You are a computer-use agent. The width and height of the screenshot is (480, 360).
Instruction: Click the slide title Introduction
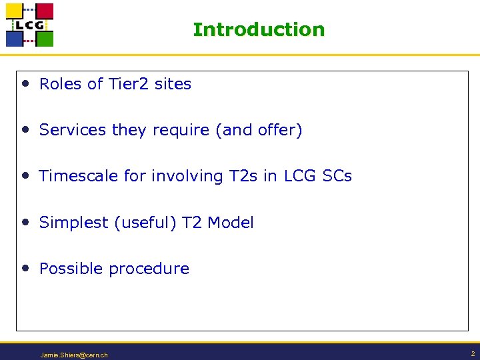pyautogui.click(x=259, y=30)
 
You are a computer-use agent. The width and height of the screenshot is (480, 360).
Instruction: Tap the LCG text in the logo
pyautogui.click(x=30, y=25)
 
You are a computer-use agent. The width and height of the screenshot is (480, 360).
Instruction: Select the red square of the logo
pyautogui.click(x=44, y=11)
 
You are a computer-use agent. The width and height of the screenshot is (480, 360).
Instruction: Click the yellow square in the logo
pyautogui.click(x=15, y=11)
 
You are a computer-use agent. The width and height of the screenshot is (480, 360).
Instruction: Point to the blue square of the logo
pyautogui.click(x=15, y=38)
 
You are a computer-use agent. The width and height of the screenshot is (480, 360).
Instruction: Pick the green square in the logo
pyautogui.click(x=44, y=38)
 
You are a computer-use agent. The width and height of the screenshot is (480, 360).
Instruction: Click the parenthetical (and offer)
pyautogui.click(x=259, y=130)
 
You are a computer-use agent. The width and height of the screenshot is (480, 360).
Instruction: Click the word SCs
pyautogui.click(x=337, y=176)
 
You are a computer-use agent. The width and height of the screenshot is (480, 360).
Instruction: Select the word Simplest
pyautogui.click(x=74, y=223)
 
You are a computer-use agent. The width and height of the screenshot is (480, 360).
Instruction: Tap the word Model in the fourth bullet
pyautogui.click(x=231, y=223)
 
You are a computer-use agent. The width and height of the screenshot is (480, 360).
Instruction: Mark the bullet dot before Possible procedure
pyautogui.click(x=25, y=268)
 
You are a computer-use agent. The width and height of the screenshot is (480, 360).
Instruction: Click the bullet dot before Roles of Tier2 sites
pyautogui.click(x=25, y=83)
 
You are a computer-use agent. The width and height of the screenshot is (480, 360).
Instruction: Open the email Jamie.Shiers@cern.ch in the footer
pyautogui.click(x=74, y=355)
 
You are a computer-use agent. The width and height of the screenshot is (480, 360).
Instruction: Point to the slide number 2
pyautogui.click(x=472, y=353)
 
